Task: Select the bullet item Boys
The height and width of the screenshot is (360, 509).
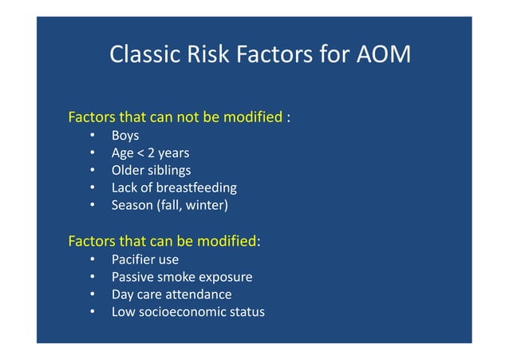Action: coord(125,136)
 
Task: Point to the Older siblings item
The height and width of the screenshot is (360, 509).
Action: coord(151,170)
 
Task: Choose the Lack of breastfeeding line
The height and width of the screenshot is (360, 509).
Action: coord(173,188)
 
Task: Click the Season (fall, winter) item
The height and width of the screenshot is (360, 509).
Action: coord(169,205)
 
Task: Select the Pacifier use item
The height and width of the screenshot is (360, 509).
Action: coord(144,259)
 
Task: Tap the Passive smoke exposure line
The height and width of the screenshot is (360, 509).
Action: coord(181,277)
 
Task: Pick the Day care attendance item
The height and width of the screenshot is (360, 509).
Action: coord(172,295)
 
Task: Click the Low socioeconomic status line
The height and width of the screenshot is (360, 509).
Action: coord(187,311)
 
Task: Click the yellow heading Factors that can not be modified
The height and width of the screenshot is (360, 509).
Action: coord(176,117)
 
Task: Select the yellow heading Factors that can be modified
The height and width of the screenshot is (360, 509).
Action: coord(162,241)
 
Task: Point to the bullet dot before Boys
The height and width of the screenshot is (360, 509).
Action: coord(93,136)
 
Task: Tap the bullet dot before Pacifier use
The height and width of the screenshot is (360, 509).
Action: coord(93,259)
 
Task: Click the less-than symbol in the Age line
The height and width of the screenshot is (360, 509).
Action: coord(140,153)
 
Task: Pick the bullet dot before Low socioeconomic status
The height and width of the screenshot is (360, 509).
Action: coord(93,311)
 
